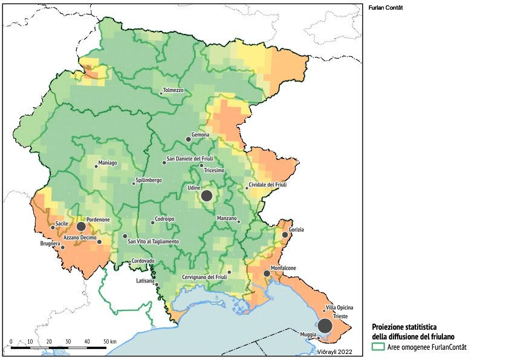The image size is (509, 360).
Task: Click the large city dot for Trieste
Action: tap(325, 326)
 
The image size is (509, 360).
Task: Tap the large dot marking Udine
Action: tap(207, 195)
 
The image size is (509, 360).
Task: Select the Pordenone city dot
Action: tap(81, 226)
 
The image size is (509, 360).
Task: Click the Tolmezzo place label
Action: tap(173, 90)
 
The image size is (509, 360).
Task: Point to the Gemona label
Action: tap(200, 134)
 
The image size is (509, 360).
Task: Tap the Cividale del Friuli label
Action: tap(271, 185)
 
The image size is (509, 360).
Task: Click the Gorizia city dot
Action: tap(285, 235)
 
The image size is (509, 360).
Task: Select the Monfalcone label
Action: tap(283, 267)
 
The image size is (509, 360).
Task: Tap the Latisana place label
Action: tap(145, 281)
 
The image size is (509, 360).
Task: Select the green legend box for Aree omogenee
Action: tap(378, 347)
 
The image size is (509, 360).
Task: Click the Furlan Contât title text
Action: tap(385, 8)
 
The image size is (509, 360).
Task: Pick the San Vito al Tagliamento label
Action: tap(154, 241)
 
